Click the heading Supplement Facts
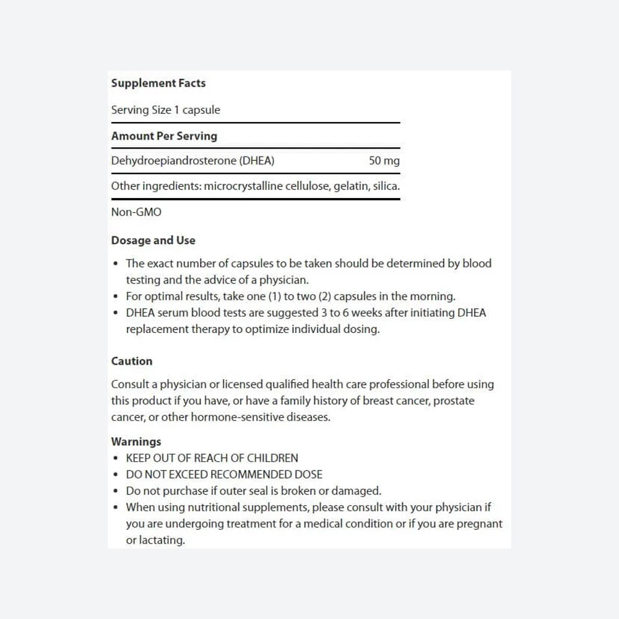tap(158, 83)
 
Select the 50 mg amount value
tap(384, 161)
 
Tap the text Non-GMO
tap(136, 212)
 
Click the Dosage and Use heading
tap(153, 240)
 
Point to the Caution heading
tap(131, 361)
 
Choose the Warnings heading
tap(136, 441)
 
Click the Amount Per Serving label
tap(164, 136)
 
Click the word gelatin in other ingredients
tap(350, 186)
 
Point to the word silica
tap(386, 186)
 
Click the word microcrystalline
tap(243, 186)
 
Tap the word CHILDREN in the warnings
tap(272, 458)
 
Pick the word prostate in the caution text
tap(454, 400)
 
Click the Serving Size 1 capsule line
tap(165, 110)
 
